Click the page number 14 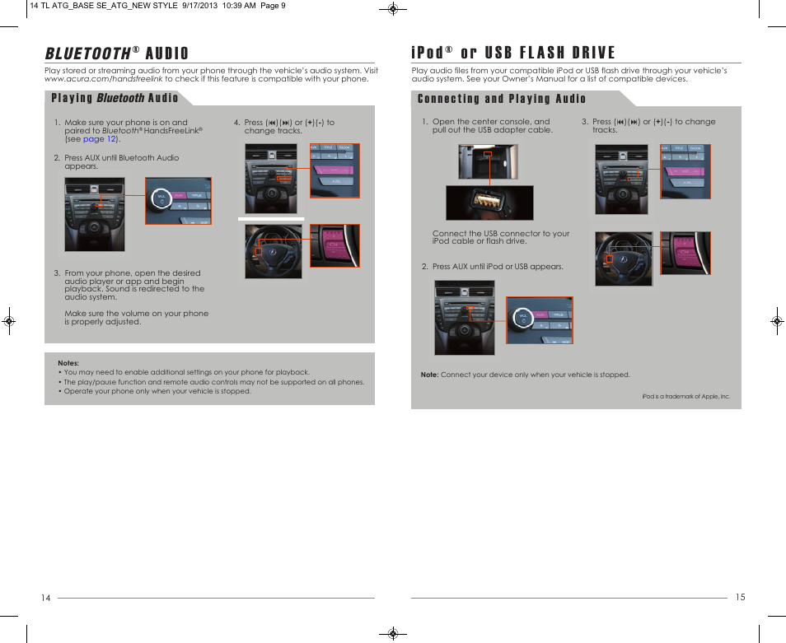(46, 598)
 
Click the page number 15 (740, 597)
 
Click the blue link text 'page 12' (99, 139)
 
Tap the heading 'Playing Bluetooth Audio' (115, 98)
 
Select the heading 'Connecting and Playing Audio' (502, 99)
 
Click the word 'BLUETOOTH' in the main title (87, 54)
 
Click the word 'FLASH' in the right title (541, 54)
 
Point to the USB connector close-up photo (489, 203)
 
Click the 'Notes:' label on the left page (68, 363)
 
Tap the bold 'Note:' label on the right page (429, 375)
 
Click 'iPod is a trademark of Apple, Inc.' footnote (686, 396)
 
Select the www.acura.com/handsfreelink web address (103, 79)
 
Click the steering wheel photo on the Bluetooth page (274, 251)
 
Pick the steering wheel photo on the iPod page (624, 259)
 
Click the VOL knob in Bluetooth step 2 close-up (161, 198)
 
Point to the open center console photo (488, 162)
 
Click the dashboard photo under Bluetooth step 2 (94, 214)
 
